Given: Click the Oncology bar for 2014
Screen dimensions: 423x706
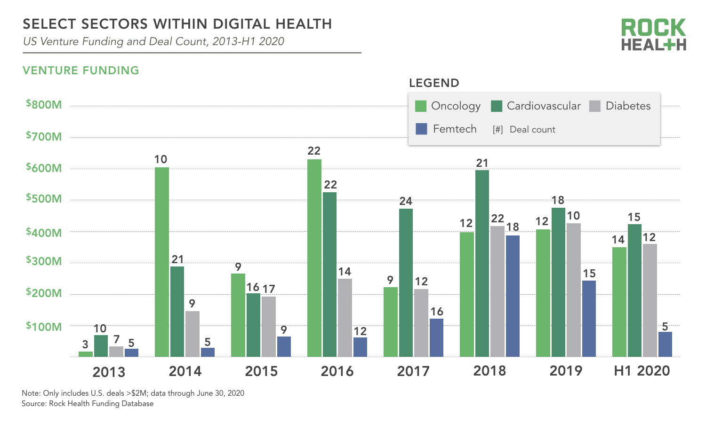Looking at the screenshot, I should point(162,262).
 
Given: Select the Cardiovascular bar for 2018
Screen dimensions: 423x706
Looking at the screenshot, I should point(482,263).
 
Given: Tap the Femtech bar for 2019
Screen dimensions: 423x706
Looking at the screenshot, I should point(589,319).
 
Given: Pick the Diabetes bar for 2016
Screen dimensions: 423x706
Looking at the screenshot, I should point(345,318).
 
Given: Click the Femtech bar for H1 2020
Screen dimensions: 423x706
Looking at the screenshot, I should point(665,345).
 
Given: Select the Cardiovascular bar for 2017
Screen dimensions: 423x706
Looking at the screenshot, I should point(406,282).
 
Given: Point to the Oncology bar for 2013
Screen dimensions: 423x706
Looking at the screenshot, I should point(86,354).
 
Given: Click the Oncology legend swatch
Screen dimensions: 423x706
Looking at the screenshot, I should point(421,106).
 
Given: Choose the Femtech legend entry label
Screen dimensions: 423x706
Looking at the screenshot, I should point(455,129).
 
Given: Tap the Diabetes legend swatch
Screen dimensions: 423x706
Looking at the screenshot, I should point(595,106).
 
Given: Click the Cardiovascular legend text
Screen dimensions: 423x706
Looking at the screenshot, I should point(544,106).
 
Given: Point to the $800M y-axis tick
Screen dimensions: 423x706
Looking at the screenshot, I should point(44,105).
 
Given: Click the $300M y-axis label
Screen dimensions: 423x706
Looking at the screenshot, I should point(44,261).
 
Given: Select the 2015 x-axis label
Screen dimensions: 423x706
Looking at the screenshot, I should point(261,371).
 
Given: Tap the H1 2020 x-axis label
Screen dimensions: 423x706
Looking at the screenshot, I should point(642,371).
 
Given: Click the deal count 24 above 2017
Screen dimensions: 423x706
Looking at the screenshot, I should point(406,202).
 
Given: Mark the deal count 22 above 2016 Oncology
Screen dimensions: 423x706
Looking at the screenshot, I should point(314,151).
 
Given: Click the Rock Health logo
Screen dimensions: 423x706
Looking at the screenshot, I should point(653,35).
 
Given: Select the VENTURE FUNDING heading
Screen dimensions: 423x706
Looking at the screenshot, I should point(81,70).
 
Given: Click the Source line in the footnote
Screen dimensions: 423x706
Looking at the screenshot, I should point(88,404).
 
